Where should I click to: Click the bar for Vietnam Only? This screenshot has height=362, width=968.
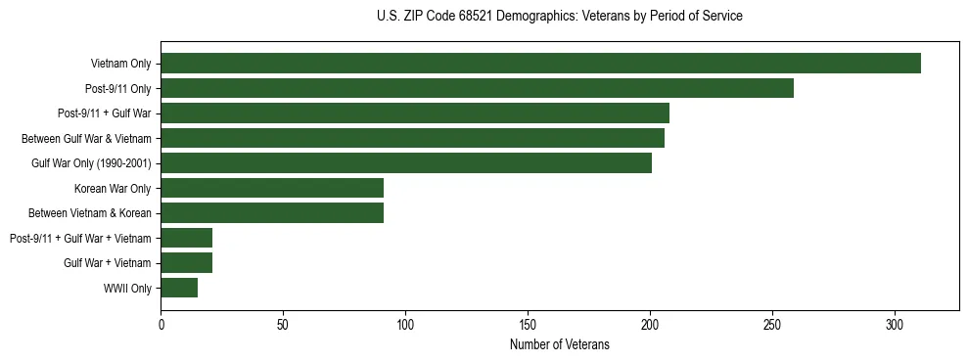pyautogui.click(x=540, y=64)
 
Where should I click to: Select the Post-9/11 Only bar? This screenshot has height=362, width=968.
pyautogui.click(x=477, y=89)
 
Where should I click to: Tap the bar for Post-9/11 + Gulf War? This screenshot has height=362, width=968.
pyautogui.click(x=415, y=113)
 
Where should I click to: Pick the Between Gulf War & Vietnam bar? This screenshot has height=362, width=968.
pyautogui.click(x=412, y=138)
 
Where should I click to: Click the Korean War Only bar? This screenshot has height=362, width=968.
pyautogui.click(x=272, y=188)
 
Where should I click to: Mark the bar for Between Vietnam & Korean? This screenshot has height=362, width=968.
pyautogui.click(x=272, y=213)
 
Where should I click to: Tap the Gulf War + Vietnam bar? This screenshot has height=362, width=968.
pyautogui.click(x=186, y=262)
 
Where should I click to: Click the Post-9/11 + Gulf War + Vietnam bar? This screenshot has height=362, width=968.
pyautogui.click(x=186, y=238)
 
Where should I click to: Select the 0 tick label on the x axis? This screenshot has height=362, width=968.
pyautogui.click(x=161, y=324)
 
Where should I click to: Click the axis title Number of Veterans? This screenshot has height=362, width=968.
pyautogui.click(x=559, y=344)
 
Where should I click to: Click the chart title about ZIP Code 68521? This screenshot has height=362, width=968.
pyautogui.click(x=559, y=17)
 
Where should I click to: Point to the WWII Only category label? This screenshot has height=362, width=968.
pyautogui.click(x=127, y=288)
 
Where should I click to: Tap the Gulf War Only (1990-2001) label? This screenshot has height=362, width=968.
pyautogui.click(x=91, y=163)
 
